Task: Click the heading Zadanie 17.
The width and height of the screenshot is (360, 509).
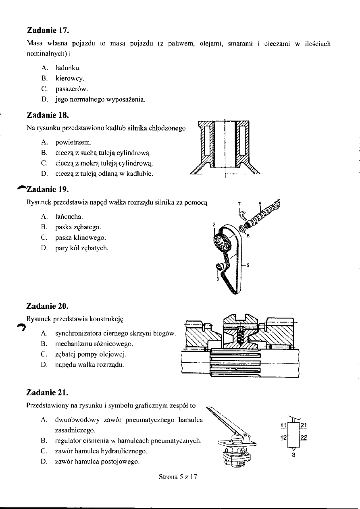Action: pyautogui.click(x=48, y=31)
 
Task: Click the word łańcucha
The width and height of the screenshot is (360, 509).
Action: pyautogui.click(x=69, y=217)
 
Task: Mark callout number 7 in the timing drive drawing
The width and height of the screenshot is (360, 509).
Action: pyautogui.click(x=239, y=203)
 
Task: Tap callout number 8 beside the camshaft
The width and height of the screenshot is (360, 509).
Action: pyautogui.click(x=260, y=203)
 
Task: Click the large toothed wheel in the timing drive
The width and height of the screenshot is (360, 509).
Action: pyautogui.click(x=222, y=243)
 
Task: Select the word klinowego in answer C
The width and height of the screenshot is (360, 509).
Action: pyautogui.click(x=89, y=238)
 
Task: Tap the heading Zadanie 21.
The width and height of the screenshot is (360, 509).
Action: pyautogui.click(x=48, y=392)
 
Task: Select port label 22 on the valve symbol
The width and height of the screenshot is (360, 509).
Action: pyautogui.click(x=304, y=437)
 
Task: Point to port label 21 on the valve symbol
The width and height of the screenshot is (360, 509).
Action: pyautogui.click(x=304, y=424)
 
